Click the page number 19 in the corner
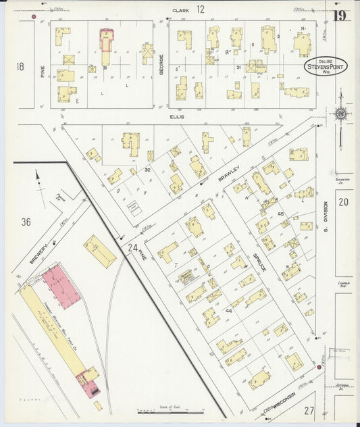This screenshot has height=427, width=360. pos(339,16)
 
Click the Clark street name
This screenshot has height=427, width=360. pos(180,10)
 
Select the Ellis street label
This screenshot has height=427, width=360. pos(178,116)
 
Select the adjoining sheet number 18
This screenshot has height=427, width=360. pos(20,66)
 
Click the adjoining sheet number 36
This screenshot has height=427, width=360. pos(26,222)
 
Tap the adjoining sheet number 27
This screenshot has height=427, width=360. pos(309,410)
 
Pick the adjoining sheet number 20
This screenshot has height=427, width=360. pos(344,202)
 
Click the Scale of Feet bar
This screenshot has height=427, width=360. pos(164,410)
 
